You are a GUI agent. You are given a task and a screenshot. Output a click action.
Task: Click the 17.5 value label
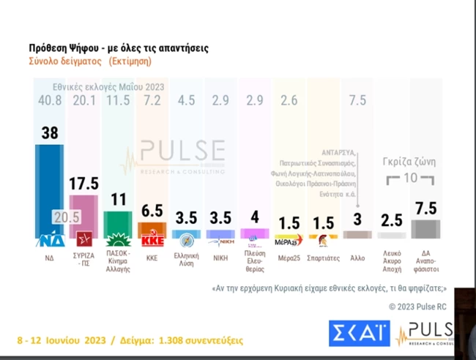[83, 184]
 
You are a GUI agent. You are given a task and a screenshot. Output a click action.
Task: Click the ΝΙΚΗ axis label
[220, 258]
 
